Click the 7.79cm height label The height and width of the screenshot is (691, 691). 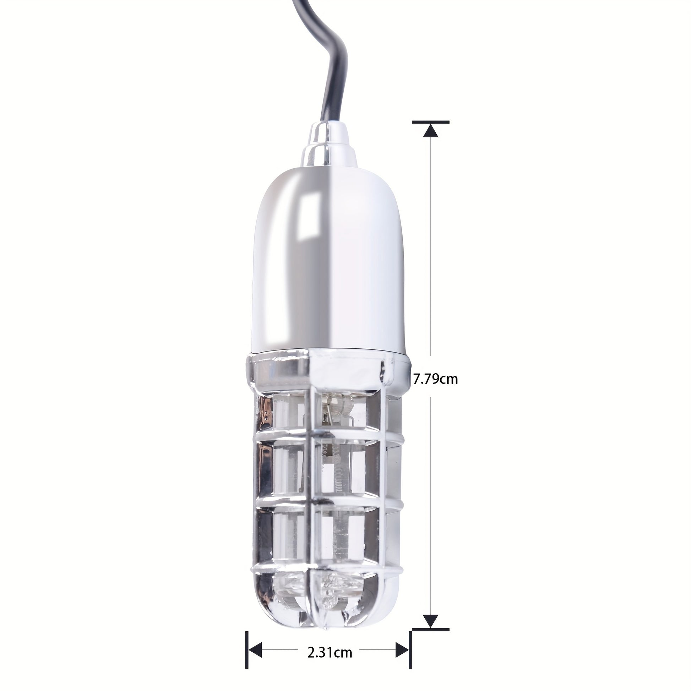pos(435,379)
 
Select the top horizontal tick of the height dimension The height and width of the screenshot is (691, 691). pos(431,122)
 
